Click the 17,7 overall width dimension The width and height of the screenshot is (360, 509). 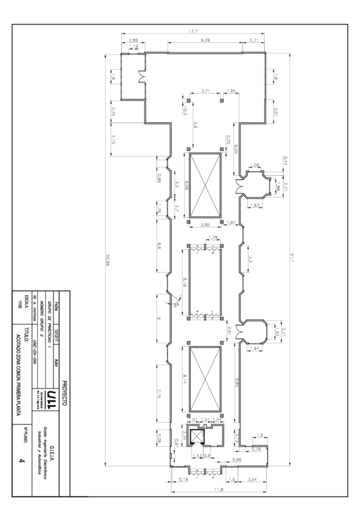tap(193, 31)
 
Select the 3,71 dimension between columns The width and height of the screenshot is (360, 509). tap(205, 91)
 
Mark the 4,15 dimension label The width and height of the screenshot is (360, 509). tap(112, 139)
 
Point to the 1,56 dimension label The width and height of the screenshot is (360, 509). tap(254, 165)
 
